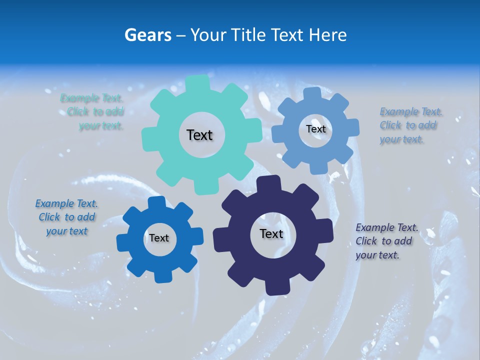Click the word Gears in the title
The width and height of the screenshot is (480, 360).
click(147, 35)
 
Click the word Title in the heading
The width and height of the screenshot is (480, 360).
click(250, 35)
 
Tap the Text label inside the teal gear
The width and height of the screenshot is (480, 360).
click(199, 135)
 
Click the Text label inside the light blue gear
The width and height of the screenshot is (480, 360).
click(315, 129)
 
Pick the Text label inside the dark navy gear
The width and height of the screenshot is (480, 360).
click(271, 233)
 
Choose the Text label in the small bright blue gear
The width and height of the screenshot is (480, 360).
click(159, 238)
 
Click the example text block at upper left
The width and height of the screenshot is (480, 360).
click(92, 112)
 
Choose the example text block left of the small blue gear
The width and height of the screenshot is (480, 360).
click(66, 217)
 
